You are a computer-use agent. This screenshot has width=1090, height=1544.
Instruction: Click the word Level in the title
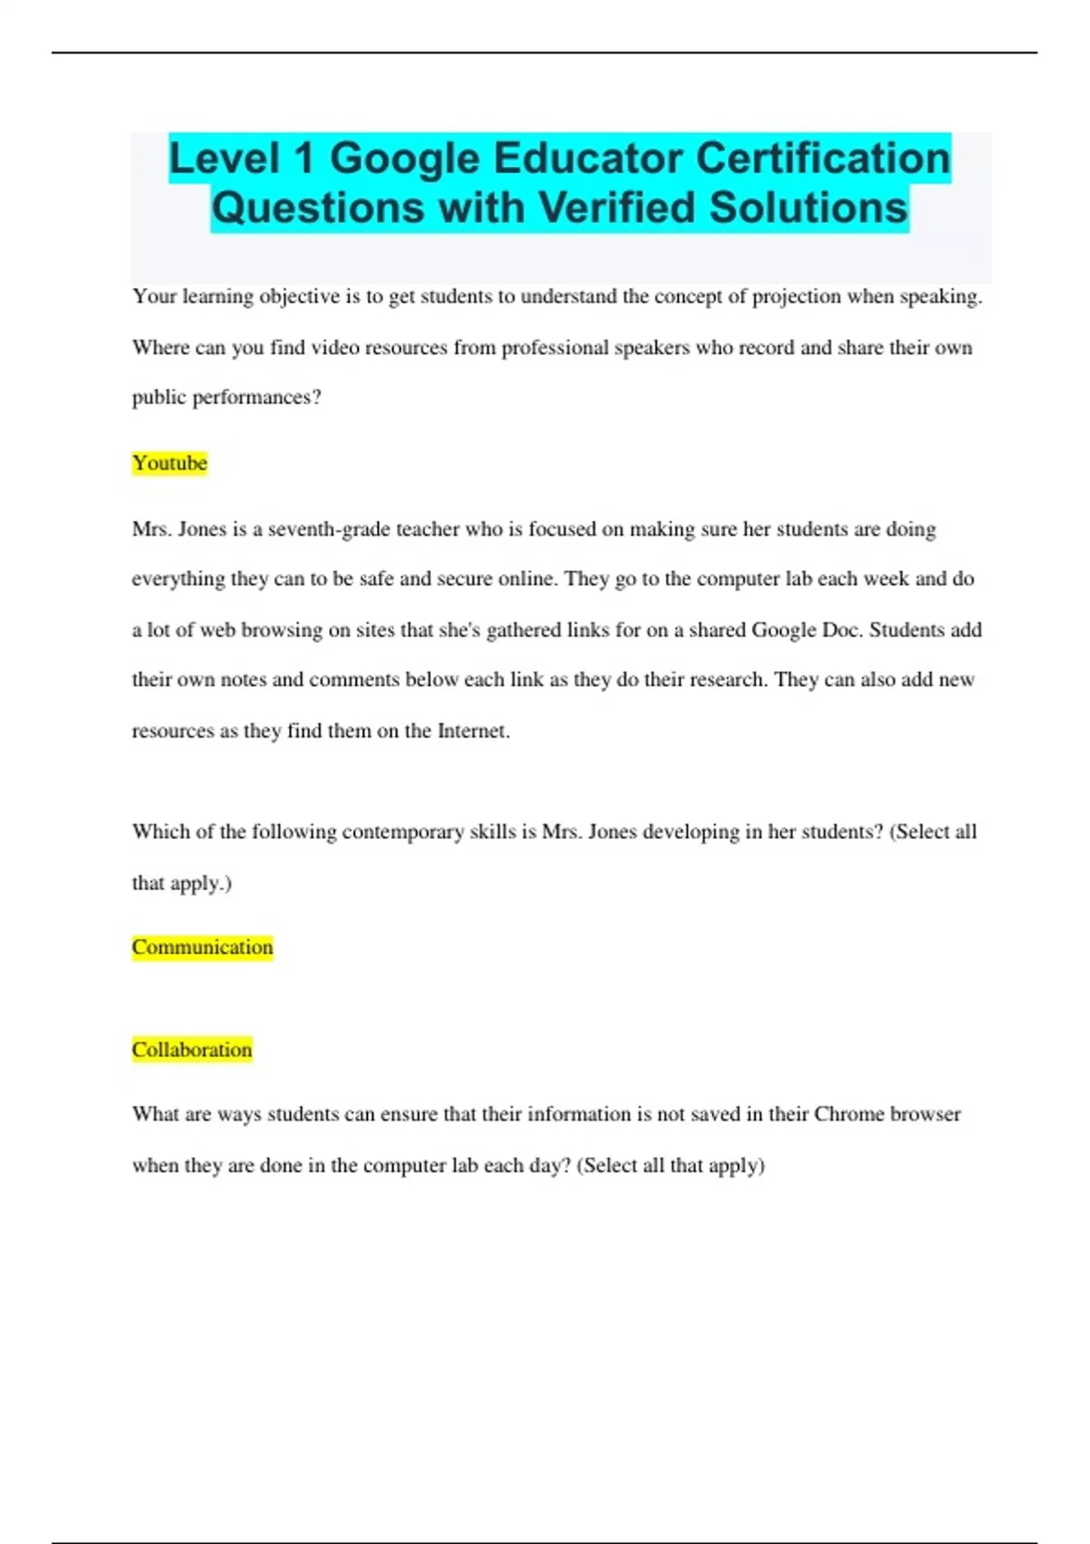(223, 158)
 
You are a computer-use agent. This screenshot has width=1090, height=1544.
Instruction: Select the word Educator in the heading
(589, 158)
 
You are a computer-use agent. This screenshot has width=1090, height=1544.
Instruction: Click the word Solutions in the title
(808, 207)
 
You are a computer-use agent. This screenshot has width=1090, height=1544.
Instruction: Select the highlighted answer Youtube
(170, 463)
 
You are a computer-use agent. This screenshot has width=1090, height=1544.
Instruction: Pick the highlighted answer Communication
(203, 947)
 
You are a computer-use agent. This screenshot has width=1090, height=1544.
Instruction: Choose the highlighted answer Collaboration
(192, 1050)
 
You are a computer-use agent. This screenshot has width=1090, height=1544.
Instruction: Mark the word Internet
(472, 731)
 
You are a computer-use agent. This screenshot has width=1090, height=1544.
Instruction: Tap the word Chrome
(848, 1114)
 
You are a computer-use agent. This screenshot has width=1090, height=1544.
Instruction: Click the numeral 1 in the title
(303, 158)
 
